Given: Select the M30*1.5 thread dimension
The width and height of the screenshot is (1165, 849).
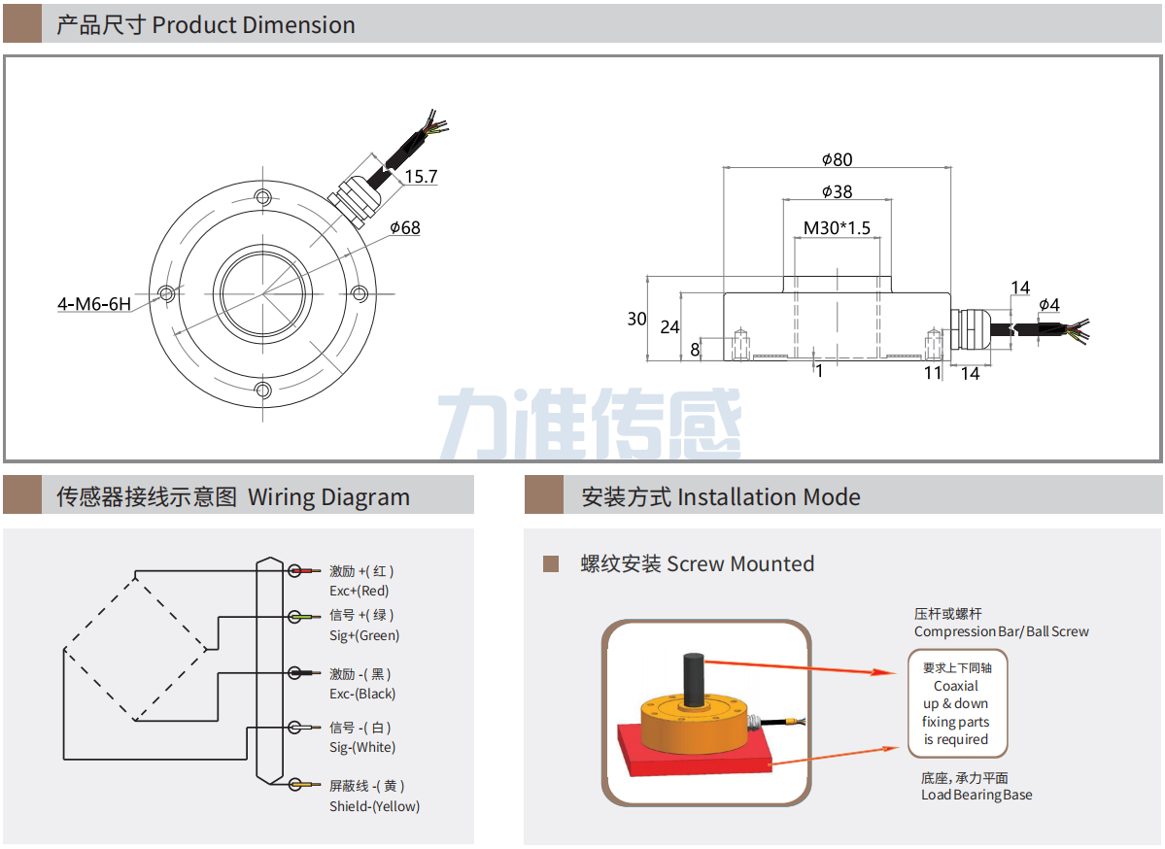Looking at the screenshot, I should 836,228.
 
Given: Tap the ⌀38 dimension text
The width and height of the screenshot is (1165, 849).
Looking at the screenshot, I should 836,192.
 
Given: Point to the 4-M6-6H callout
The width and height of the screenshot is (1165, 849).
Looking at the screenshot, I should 93,304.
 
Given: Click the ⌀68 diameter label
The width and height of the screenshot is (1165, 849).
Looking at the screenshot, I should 404,228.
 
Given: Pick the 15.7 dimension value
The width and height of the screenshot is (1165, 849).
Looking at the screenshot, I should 421,177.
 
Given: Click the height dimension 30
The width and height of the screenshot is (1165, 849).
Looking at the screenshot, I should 636,319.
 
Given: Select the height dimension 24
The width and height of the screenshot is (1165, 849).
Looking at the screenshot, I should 669,327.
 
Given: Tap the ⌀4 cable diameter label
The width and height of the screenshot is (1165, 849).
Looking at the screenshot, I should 1048,305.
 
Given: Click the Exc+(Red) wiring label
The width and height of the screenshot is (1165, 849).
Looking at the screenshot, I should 359,591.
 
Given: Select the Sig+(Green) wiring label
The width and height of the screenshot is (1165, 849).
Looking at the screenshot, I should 364,635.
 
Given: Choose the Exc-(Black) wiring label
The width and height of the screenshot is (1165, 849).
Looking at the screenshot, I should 362,694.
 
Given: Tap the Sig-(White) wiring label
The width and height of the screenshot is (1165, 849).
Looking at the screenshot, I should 362,747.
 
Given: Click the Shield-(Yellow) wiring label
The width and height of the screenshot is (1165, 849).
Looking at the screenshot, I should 374,806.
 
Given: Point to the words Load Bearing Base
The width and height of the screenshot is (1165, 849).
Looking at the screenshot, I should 977,796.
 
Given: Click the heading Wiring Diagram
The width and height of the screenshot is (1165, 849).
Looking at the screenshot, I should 328,497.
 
